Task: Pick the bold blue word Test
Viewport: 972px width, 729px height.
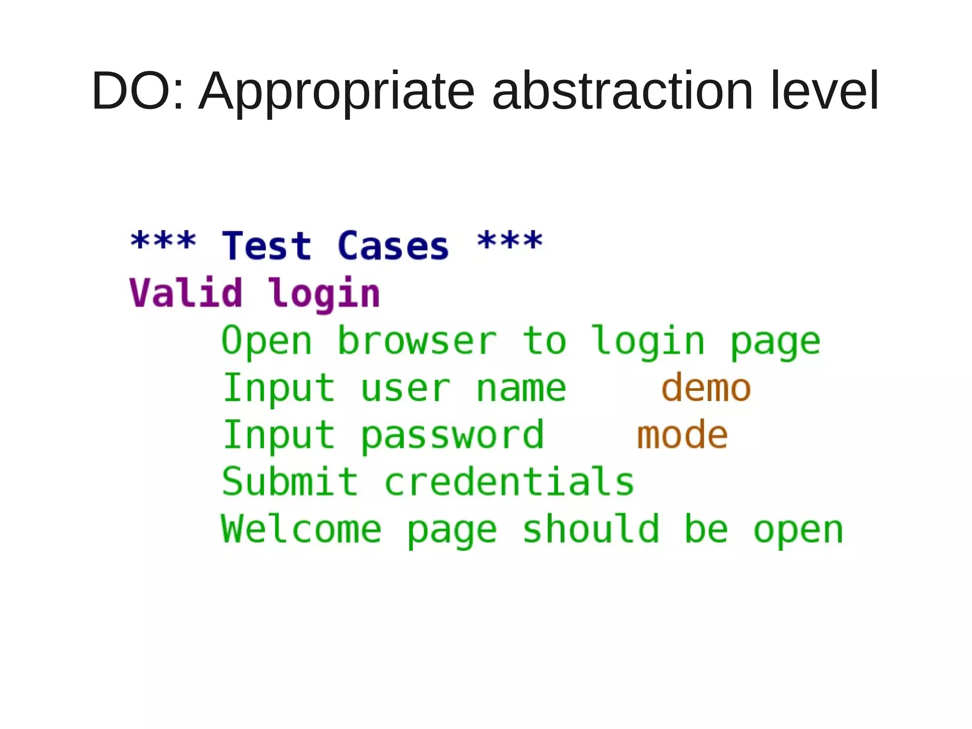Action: (x=267, y=246)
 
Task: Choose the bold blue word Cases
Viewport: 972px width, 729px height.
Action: (x=393, y=246)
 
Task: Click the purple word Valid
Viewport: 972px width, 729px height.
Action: (x=186, y=293)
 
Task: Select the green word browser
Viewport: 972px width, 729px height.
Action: (x=417, y=341)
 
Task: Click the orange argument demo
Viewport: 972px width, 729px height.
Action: (x=706, y=388)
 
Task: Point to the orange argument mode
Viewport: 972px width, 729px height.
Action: (x=682, y=435)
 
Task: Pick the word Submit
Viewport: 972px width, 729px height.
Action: (x=290, y=482)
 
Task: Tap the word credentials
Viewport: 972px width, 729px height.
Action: (x=509, y=482)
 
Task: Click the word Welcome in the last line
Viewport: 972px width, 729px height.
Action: (x=301, y=529)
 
